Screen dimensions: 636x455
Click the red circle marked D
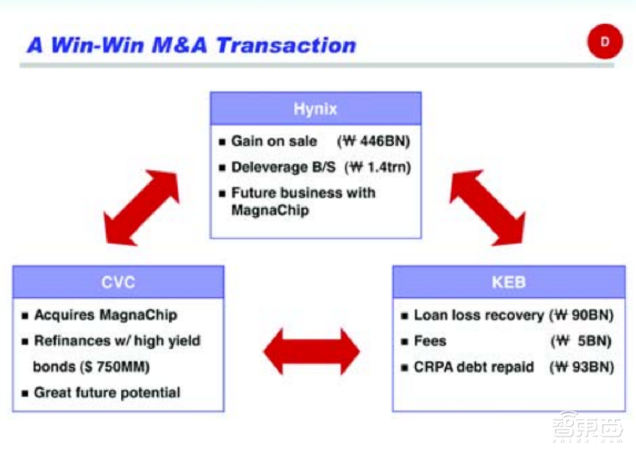click(605, 41)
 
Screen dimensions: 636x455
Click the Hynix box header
click(315, 109)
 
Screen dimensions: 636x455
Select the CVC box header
click(118, 282)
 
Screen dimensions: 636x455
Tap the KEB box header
click(509, 282)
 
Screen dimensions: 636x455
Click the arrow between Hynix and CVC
click(141, 207)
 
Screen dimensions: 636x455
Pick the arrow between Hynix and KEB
click(488, 207)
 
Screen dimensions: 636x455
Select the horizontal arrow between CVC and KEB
click(312, 351)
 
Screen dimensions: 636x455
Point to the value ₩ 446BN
click(373, 141)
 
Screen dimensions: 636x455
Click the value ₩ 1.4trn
click(378, 167)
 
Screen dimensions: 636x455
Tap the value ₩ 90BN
click(581, 316)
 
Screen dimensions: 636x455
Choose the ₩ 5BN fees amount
click(581, 341)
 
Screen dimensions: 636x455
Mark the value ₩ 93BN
click(582, 367)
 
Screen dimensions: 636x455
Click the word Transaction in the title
click(286, 45)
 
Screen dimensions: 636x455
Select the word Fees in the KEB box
click(430, 341)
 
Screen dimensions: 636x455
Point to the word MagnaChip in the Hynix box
click(270, 210)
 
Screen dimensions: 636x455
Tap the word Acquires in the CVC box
click(64, 315)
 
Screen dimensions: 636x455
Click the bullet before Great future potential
click(25, 393)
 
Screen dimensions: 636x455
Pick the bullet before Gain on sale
click(222, 142)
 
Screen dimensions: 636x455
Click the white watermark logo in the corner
click(586, 426)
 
